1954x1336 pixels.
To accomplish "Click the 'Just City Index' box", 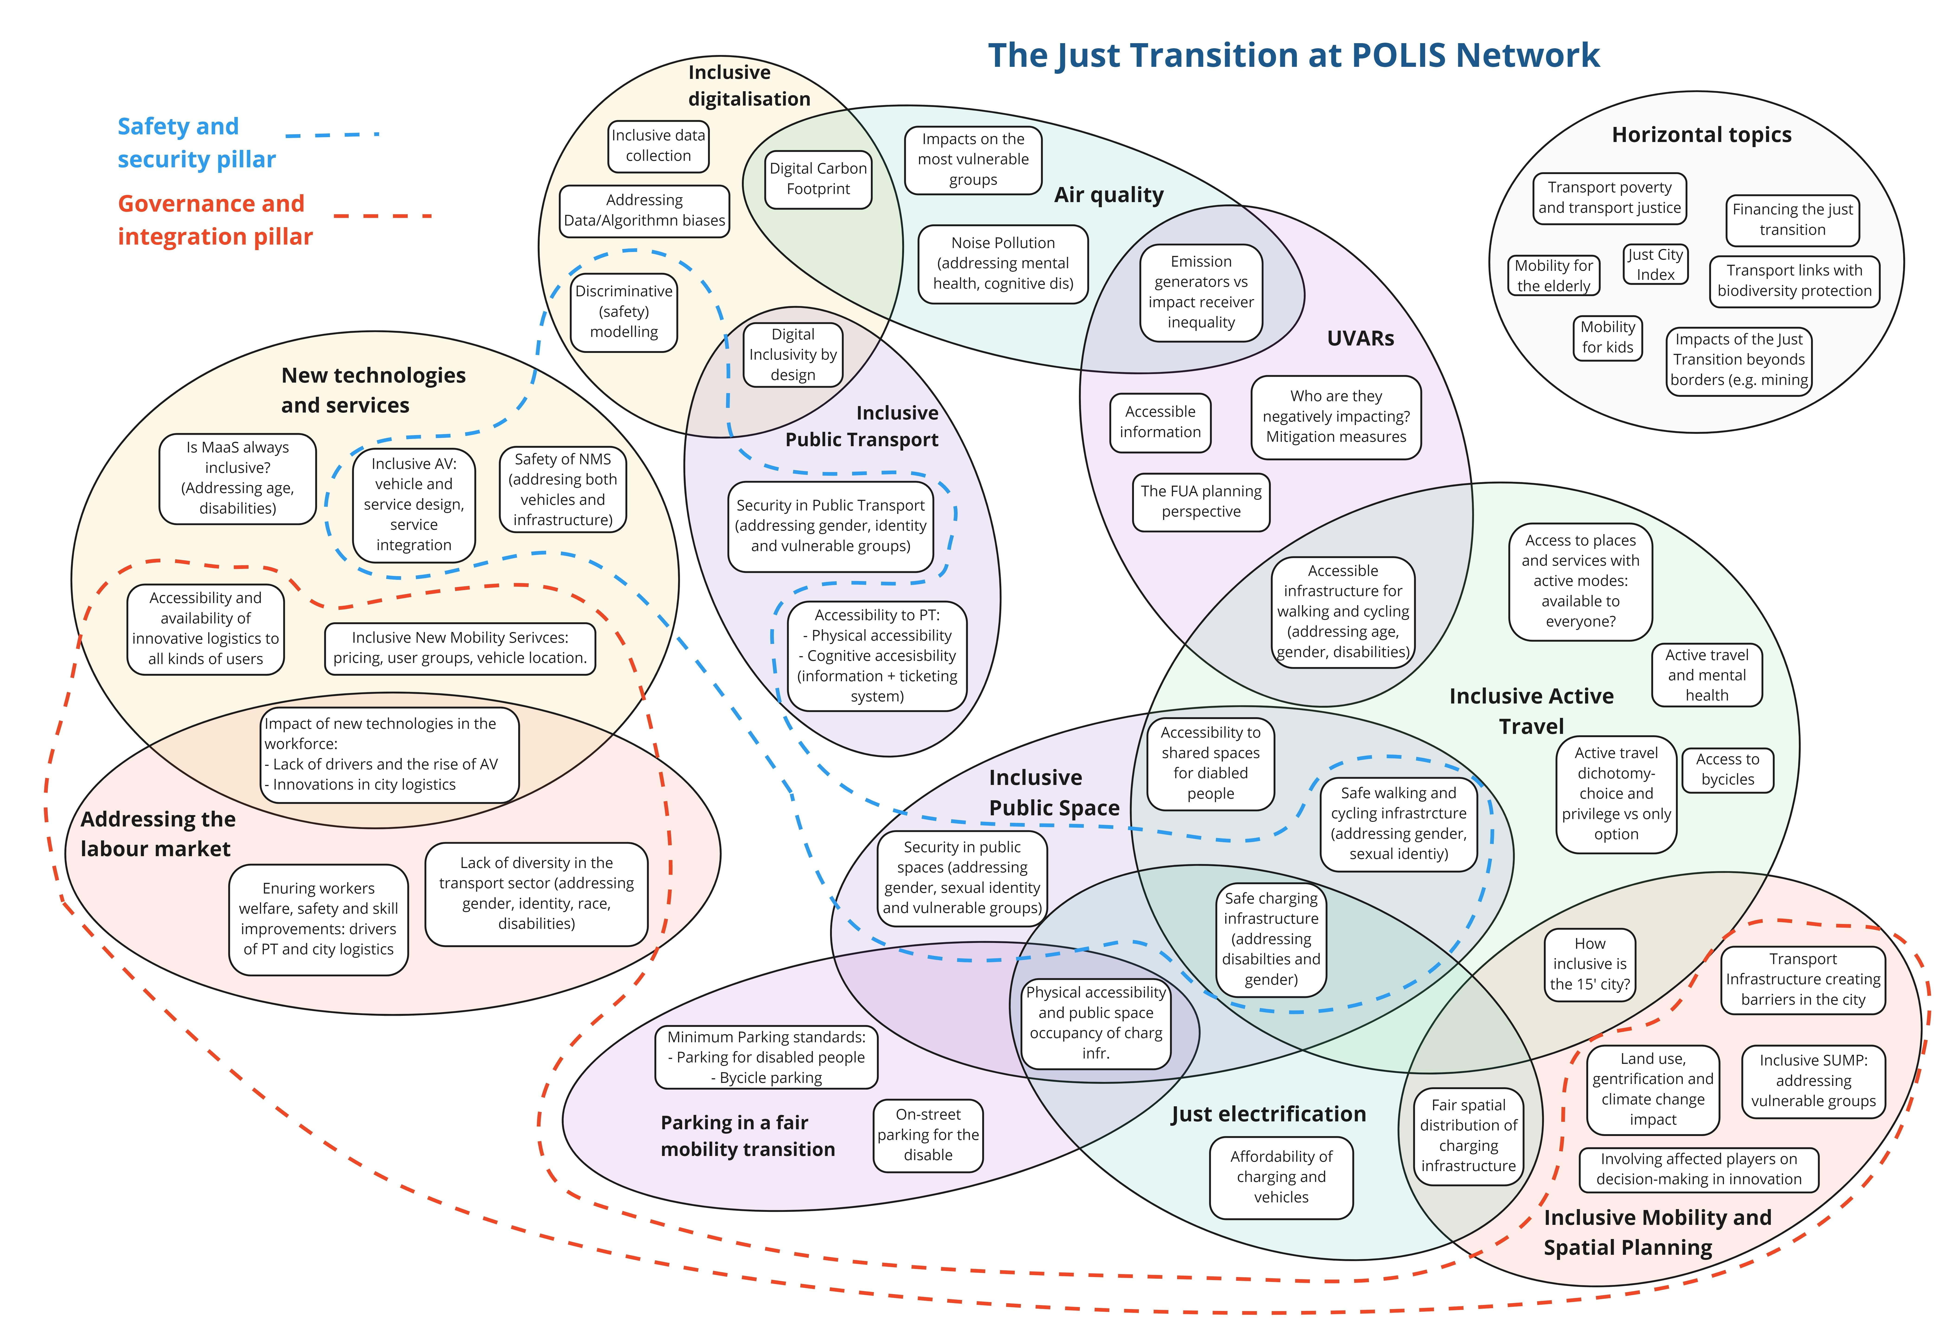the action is point(1655,264).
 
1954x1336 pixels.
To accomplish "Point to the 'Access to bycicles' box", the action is point(1728,769).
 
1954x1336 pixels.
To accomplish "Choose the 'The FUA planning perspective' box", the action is point(1201,502).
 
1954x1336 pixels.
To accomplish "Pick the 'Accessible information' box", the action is point(1160,422).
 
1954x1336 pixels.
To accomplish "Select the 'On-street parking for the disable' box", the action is point(928,1135).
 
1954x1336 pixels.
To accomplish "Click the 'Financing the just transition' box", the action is point(1793,219).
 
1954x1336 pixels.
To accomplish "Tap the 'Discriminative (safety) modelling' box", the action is point(624,312).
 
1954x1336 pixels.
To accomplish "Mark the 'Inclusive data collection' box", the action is point(658,146).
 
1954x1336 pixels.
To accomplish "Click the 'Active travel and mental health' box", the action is point(1707,675).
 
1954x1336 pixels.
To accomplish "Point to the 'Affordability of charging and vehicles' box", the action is point(1281,1177).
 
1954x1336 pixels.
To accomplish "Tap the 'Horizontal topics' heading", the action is point(1702,135).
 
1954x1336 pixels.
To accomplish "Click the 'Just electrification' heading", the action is point(1269,1114).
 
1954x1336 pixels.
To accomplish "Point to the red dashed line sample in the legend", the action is point(383,216).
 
